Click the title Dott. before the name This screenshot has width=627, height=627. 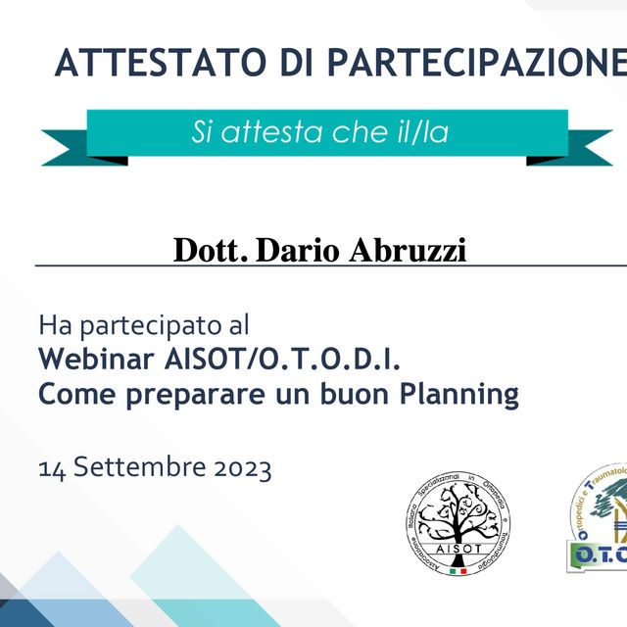[210, 250]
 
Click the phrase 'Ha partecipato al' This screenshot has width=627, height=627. [144, 323]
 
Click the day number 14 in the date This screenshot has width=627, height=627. [51, 468]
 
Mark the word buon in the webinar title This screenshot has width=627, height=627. [344, 395]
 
